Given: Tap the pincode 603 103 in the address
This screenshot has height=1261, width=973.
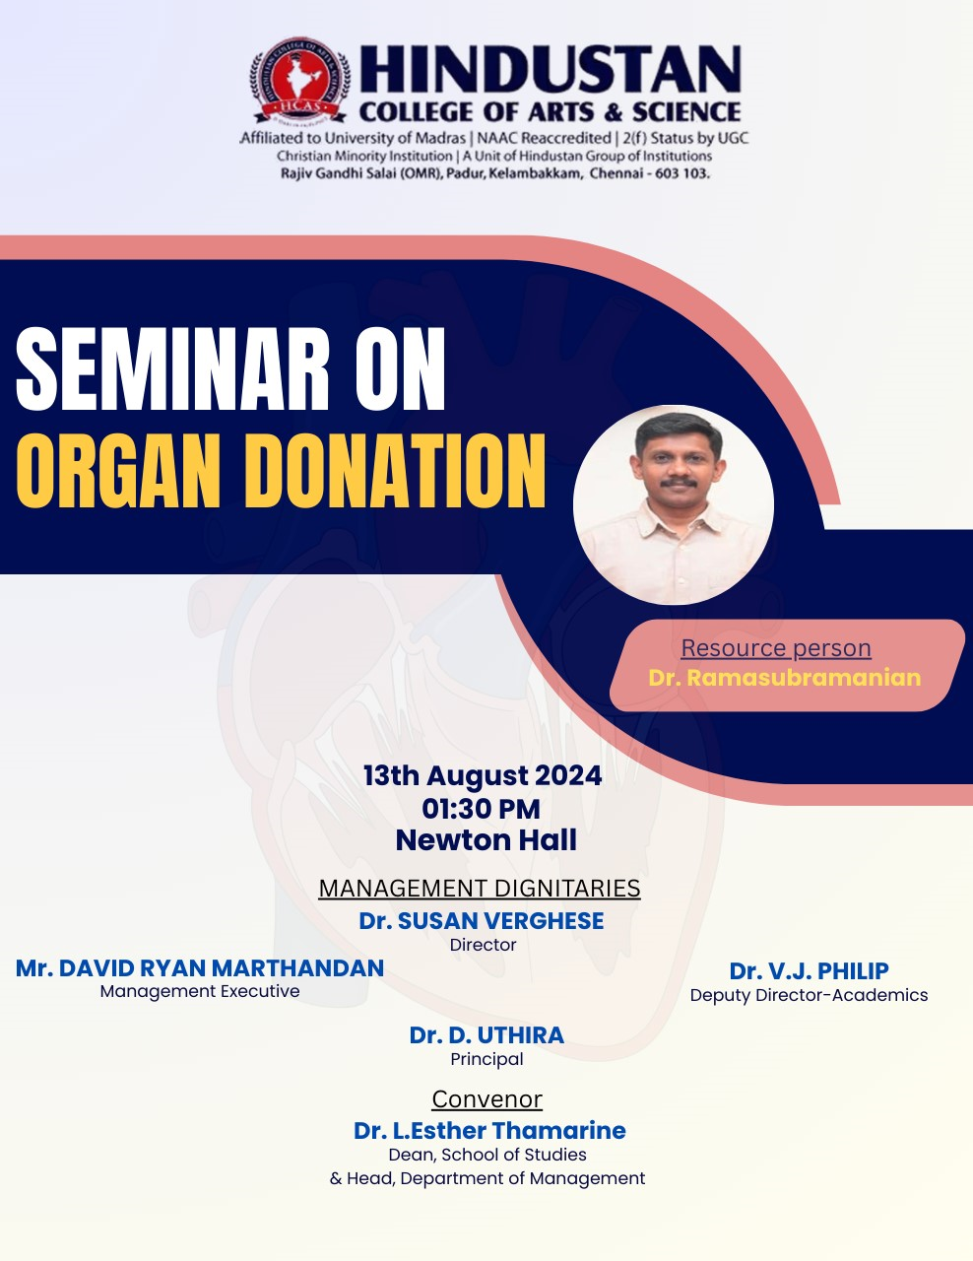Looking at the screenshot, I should (681, 173).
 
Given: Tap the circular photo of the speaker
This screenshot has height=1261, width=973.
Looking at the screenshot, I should (674, 505).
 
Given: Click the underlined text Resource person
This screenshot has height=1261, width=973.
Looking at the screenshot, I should (776, 648).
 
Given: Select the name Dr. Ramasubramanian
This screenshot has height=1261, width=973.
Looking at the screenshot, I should (785, 678).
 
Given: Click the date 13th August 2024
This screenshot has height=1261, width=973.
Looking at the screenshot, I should (483, 776).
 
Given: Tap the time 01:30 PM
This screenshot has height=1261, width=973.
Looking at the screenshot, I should (482, 809).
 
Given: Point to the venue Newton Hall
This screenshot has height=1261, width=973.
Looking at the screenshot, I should (486, 840).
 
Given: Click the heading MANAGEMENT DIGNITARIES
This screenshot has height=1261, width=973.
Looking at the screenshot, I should (480, 889).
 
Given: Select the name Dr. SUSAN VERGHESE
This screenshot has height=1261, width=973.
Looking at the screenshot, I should (482, 921).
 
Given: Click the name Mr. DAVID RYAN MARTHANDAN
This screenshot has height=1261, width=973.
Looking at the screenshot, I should (200, 968).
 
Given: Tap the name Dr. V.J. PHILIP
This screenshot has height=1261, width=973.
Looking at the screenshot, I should (809, 971).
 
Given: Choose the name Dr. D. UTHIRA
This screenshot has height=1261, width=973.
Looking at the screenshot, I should (486, 1035).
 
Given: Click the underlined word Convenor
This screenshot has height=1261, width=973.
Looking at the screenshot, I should (486, 1099).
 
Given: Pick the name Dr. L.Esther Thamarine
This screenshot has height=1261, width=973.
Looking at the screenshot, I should (489, 1130).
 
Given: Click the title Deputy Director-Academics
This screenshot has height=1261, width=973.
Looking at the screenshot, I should (809, 995).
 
